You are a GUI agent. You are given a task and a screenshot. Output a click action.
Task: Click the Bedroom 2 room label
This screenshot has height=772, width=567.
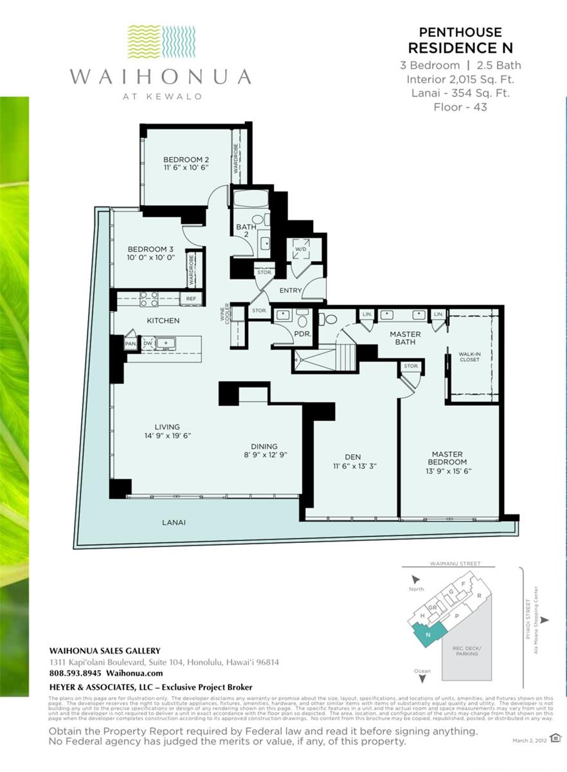185,160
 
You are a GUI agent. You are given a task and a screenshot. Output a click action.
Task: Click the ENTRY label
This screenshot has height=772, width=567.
291,291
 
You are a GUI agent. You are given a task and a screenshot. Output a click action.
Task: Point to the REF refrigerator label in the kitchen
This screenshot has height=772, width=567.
191,299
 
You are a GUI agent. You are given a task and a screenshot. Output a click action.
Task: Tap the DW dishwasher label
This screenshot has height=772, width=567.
147,343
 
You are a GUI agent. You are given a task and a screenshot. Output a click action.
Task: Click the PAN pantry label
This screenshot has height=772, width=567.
130,344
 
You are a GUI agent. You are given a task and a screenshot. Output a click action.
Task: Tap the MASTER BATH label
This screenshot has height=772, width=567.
405,338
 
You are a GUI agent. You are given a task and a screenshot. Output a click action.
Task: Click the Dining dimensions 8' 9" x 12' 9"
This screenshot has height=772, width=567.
264,455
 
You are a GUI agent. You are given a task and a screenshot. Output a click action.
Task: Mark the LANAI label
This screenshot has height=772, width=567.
174,522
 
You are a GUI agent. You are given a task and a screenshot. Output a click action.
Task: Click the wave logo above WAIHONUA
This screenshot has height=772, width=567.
161,42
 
